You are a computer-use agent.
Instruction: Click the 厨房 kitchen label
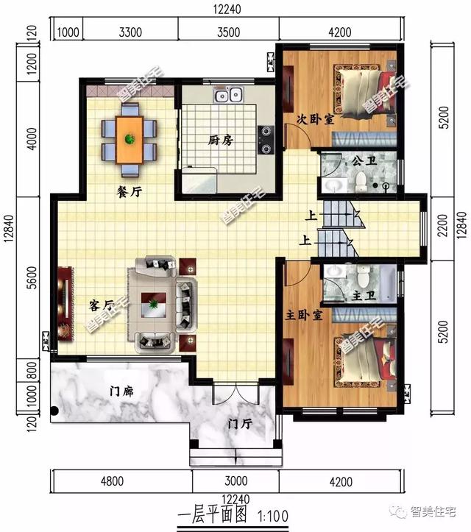(221, 140)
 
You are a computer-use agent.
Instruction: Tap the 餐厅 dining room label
(129, 192)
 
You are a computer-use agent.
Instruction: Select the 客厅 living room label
(101, 305)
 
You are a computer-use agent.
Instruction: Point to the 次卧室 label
(315, 119)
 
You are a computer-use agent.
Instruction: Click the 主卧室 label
(303, 315)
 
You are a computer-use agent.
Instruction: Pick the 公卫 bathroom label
(364, 161)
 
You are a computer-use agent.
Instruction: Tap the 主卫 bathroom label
(364, 296)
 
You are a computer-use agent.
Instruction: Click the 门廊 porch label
(121, 391)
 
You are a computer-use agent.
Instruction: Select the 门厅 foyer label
(240, 424)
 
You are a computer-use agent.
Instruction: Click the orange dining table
(129, 140)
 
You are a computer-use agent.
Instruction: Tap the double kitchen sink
(228, 94)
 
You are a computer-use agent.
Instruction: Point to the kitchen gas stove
(266, 140)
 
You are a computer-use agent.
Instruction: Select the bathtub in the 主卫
(388, 283)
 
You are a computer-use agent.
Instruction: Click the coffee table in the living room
(153, 305)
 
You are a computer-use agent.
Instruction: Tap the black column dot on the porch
(54, 411)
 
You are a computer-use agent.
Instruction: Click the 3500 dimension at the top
(228, 32)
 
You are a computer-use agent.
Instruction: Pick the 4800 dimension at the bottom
(112, 481)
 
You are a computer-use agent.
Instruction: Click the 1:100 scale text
(273, 517)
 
